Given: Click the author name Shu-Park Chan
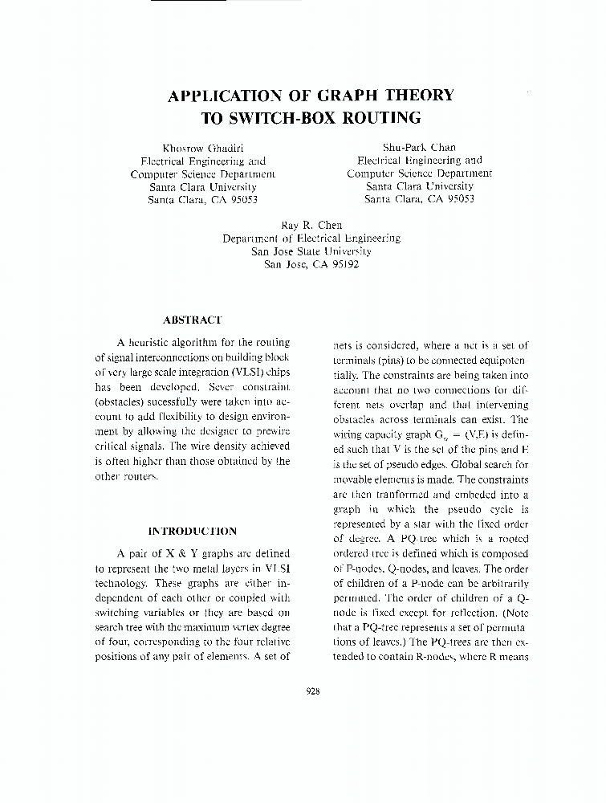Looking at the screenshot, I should pyautogui.click(x=419, y=147).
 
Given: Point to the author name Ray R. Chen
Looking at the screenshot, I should pyautogui.click(x=311, y=226).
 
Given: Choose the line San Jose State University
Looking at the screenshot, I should pyautogui.click(x=311, y=251).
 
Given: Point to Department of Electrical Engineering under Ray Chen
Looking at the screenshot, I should pyautogui.click(x=311, y=238).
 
